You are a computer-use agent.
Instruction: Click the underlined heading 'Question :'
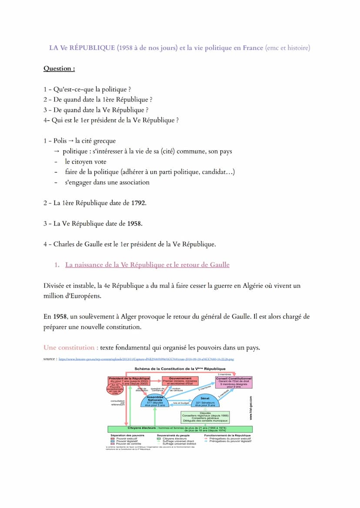pyautogui.click(x=59, y=68)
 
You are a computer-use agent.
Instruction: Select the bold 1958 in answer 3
pyautogui.click(x=135, y=223)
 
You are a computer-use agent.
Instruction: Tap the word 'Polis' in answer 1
pyautogui.click(x=60, y=141)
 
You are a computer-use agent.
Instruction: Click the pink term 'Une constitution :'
pyautogui.click(x=70, y=348)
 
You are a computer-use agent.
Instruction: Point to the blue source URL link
pyautogui.click(x=146, y=359)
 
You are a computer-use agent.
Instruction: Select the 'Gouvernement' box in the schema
pyautogui.click(x=180, y=381)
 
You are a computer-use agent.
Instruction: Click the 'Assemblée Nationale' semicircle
pyautogui.click(x=155, y=402)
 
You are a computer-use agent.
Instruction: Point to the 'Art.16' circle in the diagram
pyautogui.click(x=114, y=389)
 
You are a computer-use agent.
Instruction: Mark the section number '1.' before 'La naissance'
pyautogui.click(x=57, y=265)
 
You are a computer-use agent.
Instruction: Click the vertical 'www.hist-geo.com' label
pyautogui.click(x=251, y=407)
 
